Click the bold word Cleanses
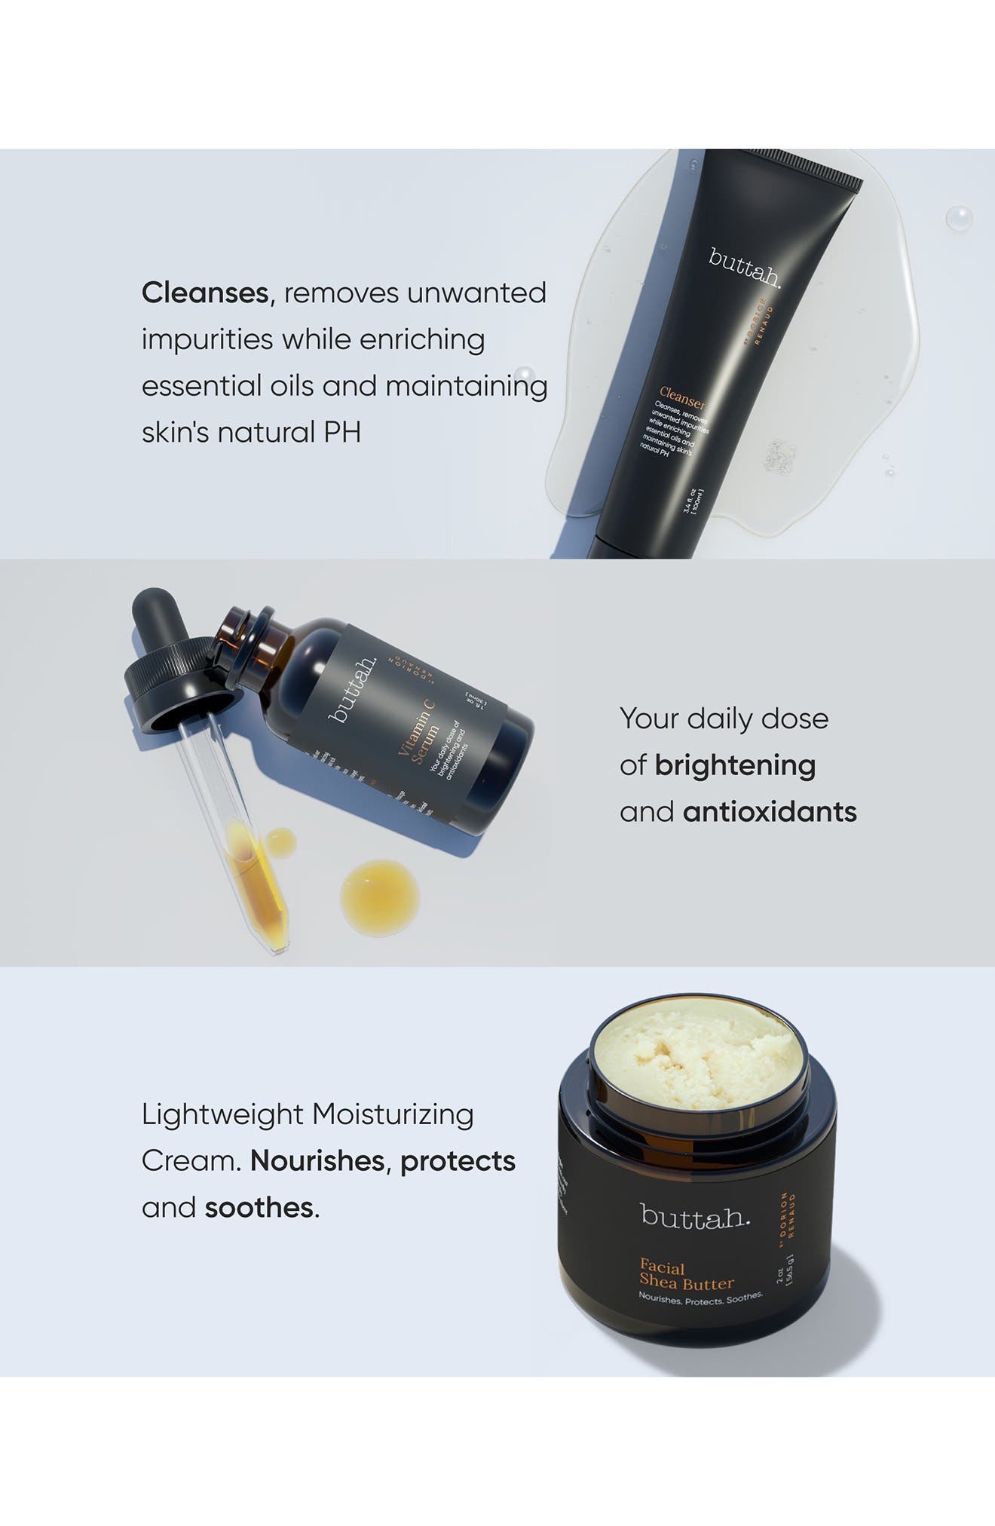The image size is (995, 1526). pos(205,293)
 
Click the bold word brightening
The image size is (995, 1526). pos(735,766)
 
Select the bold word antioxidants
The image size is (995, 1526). pos(770,813)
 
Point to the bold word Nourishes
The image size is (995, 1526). pos(317,1161)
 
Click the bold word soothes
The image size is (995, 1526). pos(259,1208)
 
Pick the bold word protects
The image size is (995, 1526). pos(458,1161)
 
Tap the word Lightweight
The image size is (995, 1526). pos(222,1114)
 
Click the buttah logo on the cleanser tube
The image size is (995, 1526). pos(745,268)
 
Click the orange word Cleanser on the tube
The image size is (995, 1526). pos(682,397)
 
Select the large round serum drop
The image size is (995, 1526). pos(379,897)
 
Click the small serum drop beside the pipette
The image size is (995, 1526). pos(280,842)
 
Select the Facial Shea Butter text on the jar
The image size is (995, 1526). pos(686,1274)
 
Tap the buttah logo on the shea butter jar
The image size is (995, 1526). pos(694,1215)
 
